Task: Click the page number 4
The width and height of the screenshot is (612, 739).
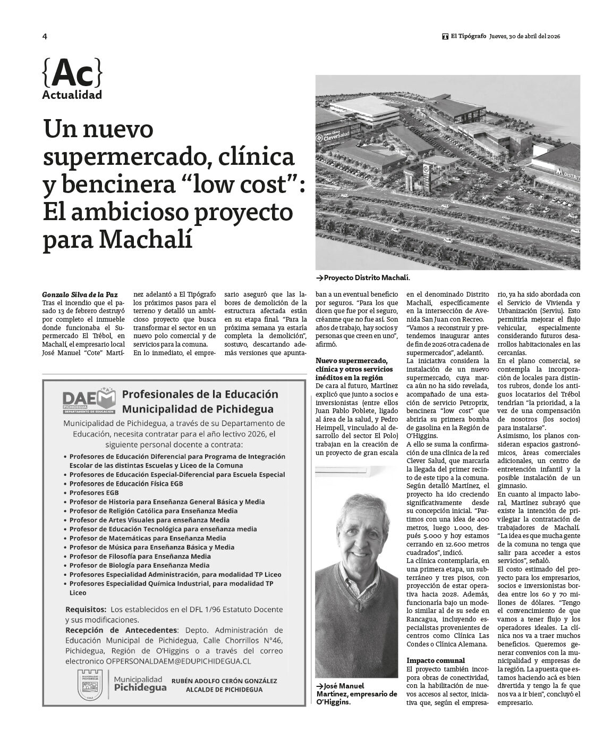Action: (45, 36)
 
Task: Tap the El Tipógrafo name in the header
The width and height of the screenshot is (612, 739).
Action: (468, 36)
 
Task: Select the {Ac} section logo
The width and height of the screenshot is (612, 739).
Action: (72, 73)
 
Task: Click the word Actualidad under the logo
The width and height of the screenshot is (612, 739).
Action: (72, 96)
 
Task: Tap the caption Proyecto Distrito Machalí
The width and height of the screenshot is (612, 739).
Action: (366, 278)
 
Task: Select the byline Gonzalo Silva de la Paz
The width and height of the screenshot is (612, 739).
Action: (80, 294)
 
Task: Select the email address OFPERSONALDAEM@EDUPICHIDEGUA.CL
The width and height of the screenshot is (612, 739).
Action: (178, 661)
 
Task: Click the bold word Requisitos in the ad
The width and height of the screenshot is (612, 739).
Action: (86, 609)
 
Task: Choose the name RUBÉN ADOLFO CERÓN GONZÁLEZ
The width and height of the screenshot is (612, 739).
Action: (224, 681)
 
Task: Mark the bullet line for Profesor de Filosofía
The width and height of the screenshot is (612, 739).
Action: (140, 556)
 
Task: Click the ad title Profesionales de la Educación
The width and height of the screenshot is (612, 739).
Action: (200, 394)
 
